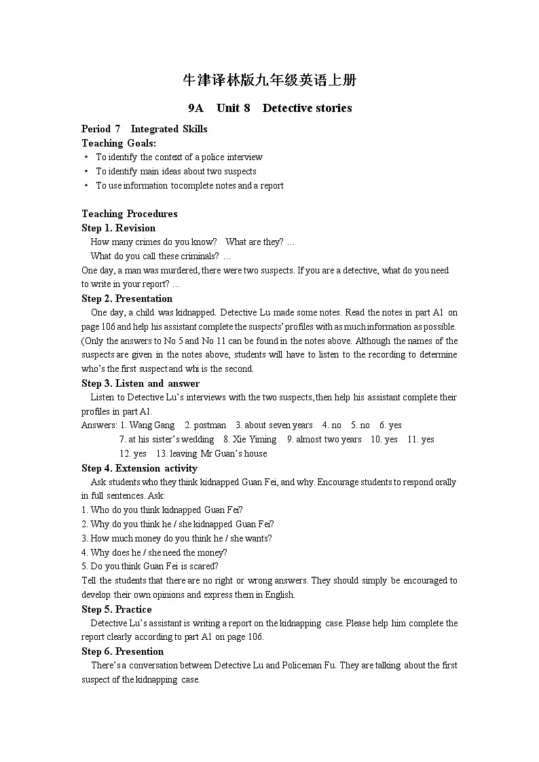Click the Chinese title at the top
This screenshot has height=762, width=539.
coord(269,81)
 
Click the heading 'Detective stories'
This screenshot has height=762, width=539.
coord(307,108)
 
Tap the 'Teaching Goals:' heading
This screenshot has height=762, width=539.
coord(119,143)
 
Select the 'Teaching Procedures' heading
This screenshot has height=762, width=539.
coord(130,214)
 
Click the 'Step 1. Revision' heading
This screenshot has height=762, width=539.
coord(118,228)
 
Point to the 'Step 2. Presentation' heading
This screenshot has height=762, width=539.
coord(127,299)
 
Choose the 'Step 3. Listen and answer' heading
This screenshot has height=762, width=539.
coord(141,383)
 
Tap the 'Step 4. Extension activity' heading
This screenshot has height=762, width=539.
coord(139,468)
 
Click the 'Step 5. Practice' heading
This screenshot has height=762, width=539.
coord(116,609)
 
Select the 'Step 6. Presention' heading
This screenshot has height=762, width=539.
coord(122,651)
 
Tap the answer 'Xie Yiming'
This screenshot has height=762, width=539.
coord(255,440)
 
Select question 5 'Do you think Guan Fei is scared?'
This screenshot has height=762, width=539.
coord(149,567)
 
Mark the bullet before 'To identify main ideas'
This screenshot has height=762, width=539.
coord(86,172)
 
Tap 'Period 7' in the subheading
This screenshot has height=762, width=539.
coord(100,129)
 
